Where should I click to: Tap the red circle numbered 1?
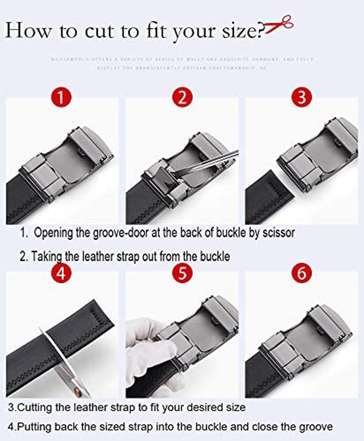point(62,97)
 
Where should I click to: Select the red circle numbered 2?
point(182,97)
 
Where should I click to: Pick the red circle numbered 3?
point(302,97)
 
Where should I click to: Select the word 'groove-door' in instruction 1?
point(115,233)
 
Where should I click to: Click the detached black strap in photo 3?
point(268,193)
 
